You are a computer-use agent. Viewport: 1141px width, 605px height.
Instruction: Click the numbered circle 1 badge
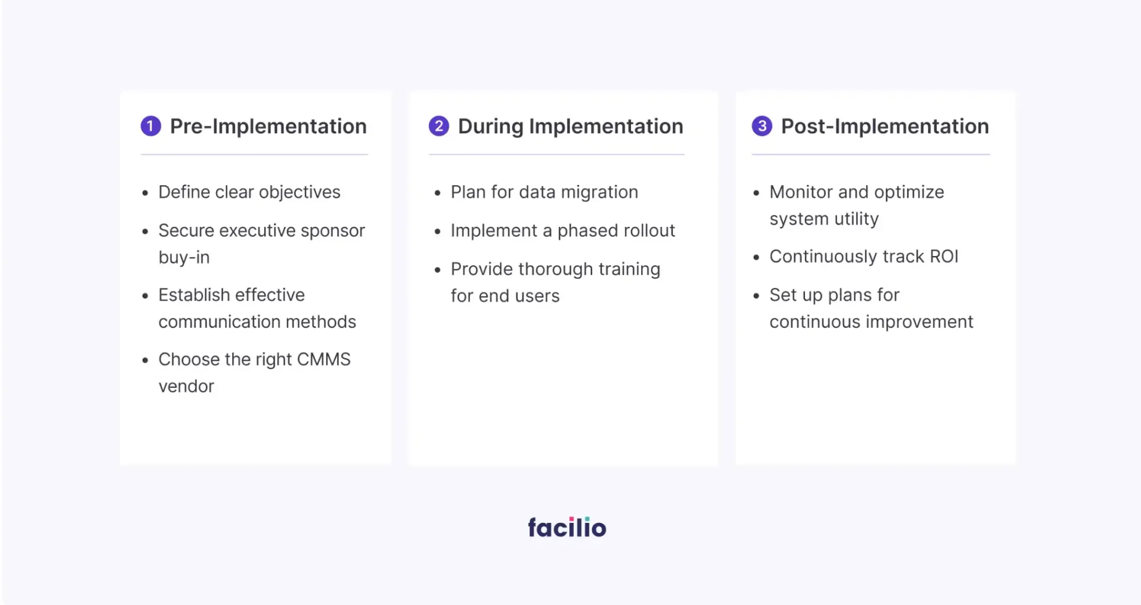[x=151, y=126]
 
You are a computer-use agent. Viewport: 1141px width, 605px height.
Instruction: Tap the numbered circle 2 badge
[x=439, y=126]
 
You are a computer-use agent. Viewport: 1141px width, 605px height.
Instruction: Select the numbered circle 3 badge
[x=762, y=126]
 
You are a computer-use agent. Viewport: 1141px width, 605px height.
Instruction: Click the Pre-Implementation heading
[x=268, y=127]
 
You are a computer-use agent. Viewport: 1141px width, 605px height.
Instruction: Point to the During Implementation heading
[x=570, y=127]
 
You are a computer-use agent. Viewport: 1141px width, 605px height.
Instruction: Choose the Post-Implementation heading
[x=885, y=127]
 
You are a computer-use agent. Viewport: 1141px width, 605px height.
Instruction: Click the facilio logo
[x=567, y=527]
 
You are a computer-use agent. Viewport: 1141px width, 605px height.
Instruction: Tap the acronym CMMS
[x=323, y=359]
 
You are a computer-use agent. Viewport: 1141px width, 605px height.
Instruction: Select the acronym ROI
[x=944, y=257]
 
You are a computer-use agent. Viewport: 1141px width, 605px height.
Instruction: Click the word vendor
[x=186, y=387]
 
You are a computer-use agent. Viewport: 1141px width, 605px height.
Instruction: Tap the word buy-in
[x=184, y=258]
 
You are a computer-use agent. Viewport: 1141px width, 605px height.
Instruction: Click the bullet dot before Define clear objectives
[x=145, y=193]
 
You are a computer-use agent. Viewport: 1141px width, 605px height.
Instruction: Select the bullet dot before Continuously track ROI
[x=756, y=258]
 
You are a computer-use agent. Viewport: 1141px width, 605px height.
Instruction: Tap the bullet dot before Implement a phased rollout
[x=438, y=232]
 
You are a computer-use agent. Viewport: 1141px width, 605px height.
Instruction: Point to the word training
[x=629, y=269]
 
